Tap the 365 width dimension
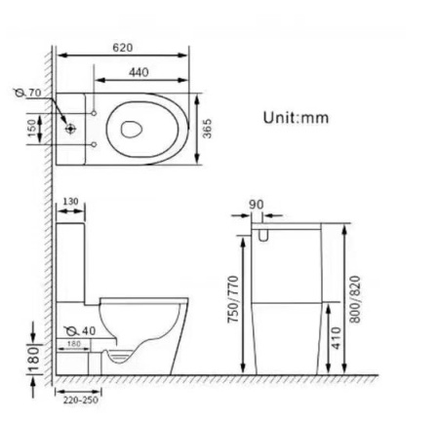pos(208,129)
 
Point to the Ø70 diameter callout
pos(34,94)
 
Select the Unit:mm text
pos(296,118)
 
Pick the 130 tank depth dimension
pos(70,203)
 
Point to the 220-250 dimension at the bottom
pos(75,400)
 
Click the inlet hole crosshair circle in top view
pos(70,128)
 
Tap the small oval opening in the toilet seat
pos(134,126)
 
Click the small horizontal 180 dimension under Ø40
pos(73,343)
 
